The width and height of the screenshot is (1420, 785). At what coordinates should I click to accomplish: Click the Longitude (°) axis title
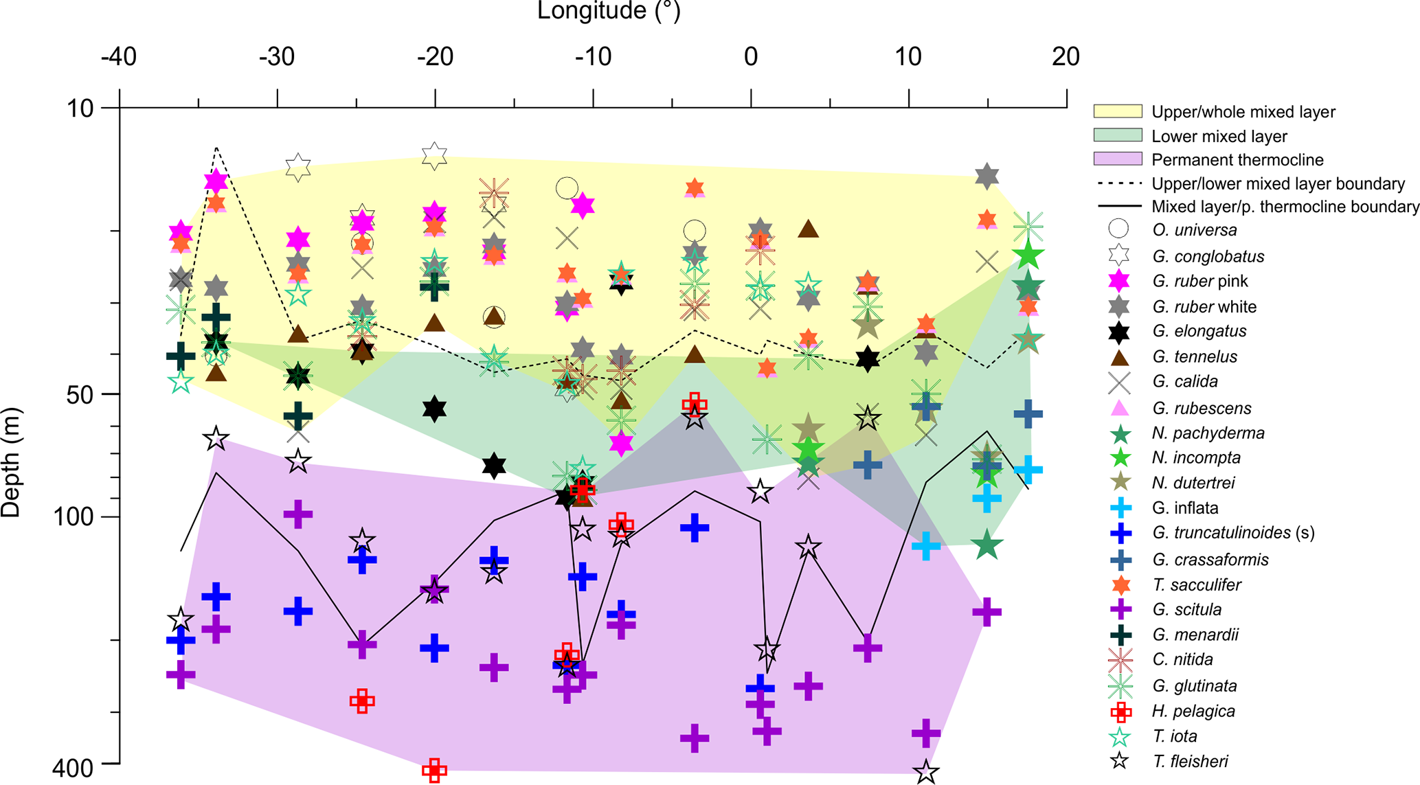click(x=608, y=11)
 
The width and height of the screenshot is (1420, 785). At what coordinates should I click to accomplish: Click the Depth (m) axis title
click(x=12, y=462)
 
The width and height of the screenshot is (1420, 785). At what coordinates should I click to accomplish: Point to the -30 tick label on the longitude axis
click(x=277, y=56)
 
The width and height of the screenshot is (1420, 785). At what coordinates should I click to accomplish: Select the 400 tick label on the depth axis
click(x=73, y=768)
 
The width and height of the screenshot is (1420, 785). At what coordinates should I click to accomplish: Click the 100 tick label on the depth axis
click(x=73, y=516)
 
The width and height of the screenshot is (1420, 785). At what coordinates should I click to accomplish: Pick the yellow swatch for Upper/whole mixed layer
click(x=1117, y=111)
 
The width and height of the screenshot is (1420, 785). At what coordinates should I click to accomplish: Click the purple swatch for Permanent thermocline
click(x=1117, y=159)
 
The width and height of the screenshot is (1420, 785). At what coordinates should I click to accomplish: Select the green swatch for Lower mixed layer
click(x=1117, y=135)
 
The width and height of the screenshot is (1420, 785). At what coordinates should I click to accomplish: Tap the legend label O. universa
click(x=1194, y=231)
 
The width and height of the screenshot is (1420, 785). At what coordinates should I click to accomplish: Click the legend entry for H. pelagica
click(x=1193, y=711)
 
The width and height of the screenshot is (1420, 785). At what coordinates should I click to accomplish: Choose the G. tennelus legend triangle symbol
click(x=1120, y=357)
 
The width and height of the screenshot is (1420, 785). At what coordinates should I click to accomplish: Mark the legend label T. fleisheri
click(x=1190, y=761)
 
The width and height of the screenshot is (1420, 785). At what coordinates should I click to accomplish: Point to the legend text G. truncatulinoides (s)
click(x=1233, y=533)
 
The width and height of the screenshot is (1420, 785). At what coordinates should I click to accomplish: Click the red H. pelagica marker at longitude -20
click(x=434, y=770)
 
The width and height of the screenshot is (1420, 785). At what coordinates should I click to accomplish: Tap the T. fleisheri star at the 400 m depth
click(x=926, y=772)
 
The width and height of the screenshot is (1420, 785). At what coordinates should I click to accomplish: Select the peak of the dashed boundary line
click(x=216, y=148)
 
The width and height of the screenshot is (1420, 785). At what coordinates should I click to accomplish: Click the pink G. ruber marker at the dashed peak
click(x=216, y=181)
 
